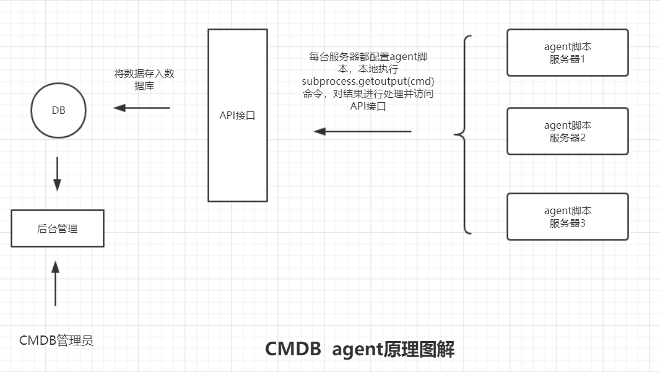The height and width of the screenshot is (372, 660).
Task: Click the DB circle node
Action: click(58, 111)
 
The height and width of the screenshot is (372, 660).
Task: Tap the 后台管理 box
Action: click(58, 228)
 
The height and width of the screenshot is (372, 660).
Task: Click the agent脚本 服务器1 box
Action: click(567, 53)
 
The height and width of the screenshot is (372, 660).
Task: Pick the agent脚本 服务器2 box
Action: click(567, 131)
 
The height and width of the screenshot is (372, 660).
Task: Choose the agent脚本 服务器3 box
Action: click(567, 217)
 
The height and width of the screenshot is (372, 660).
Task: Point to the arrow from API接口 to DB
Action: click(142, 108)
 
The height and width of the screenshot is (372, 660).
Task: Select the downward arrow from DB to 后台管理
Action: click(57, 174)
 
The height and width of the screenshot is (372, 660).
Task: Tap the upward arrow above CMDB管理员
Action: click(55, 283)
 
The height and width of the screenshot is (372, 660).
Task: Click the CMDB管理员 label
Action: click(56, 340)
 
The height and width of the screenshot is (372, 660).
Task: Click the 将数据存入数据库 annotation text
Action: click(144, 80)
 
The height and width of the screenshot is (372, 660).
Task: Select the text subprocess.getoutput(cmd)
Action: click(368, 81)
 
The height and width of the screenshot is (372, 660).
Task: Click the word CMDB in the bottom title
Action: click(293, 349)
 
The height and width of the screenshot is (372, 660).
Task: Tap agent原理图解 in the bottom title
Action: click(393, 349)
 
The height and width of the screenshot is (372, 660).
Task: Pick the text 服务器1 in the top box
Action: click(567, 59)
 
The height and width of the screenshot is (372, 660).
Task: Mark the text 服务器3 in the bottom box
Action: click(567, 223)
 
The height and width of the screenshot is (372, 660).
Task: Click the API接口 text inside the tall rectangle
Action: click(238, 115)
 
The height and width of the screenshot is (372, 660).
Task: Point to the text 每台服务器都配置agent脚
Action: click(368, 57)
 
